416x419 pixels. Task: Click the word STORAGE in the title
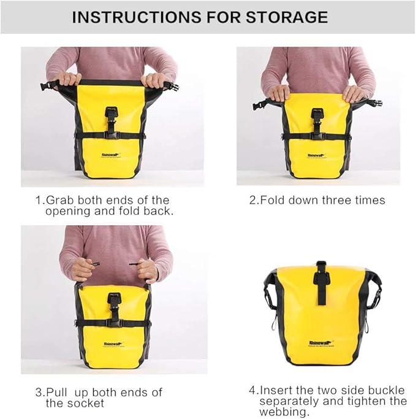(x=284, y=17)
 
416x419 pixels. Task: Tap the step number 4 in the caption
(x=252, y=390)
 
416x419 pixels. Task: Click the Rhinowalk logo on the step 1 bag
(x=112, y=155)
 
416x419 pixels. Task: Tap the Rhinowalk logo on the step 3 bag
(x=113, y=344)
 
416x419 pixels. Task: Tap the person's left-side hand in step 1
(x=67, y=79)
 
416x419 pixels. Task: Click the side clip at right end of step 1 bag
(x=173, y=86)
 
